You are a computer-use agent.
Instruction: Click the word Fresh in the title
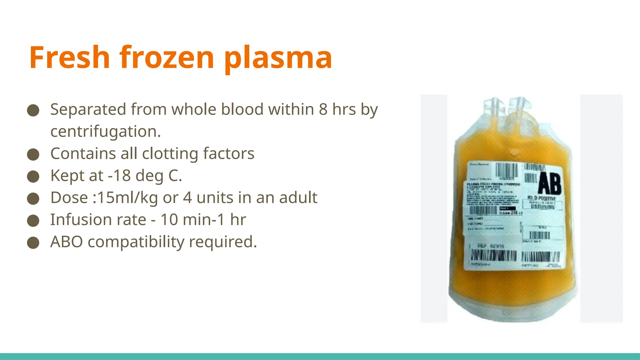[69, 57]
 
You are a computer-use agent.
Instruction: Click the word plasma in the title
[278, 57]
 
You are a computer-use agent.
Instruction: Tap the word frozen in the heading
[167, 57]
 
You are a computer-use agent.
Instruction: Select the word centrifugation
[105, 131]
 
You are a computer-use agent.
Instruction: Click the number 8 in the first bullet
[323, 109]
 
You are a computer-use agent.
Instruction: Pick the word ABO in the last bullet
[67, 242]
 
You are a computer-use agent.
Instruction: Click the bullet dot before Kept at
[33, 176]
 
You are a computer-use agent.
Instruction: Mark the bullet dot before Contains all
[33, 154]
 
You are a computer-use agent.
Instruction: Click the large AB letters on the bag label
[549, 183]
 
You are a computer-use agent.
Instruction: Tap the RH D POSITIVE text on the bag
[542, 198]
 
